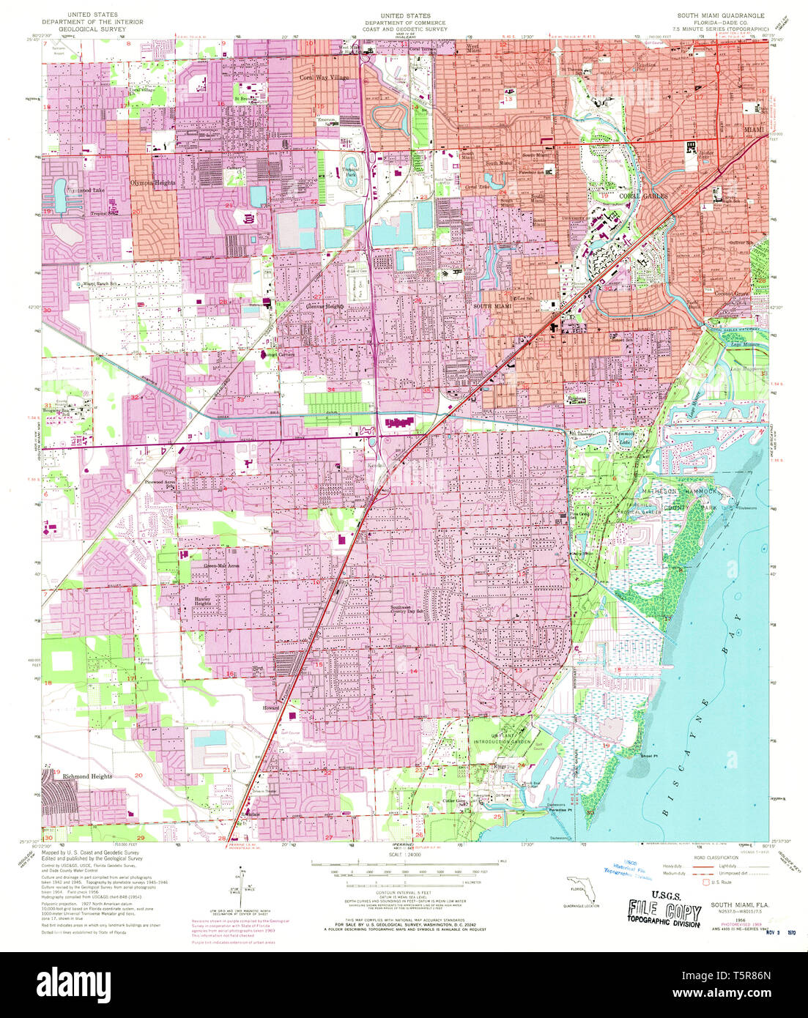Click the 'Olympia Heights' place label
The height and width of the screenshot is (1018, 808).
pyautogui.click(x=152, y=183)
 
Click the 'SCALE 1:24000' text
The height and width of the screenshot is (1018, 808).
pyautogui.click(x=404, y=855)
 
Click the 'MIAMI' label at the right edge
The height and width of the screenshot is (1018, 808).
pyautogui.click(x=754, y=130)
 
